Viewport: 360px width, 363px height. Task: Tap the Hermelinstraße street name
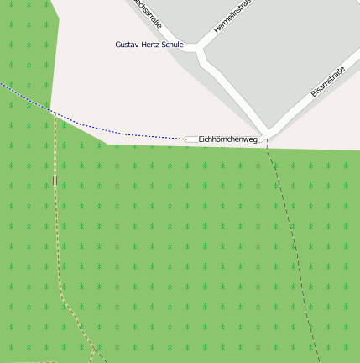(232, 16)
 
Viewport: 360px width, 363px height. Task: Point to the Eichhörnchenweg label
(227, 139)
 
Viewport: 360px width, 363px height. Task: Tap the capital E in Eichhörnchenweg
(201, 139)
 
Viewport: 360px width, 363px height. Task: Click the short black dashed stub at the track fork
(100, 354)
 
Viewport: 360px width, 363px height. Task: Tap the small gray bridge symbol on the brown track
(55, 180)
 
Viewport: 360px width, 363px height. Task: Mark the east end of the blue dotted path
(186, 138)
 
